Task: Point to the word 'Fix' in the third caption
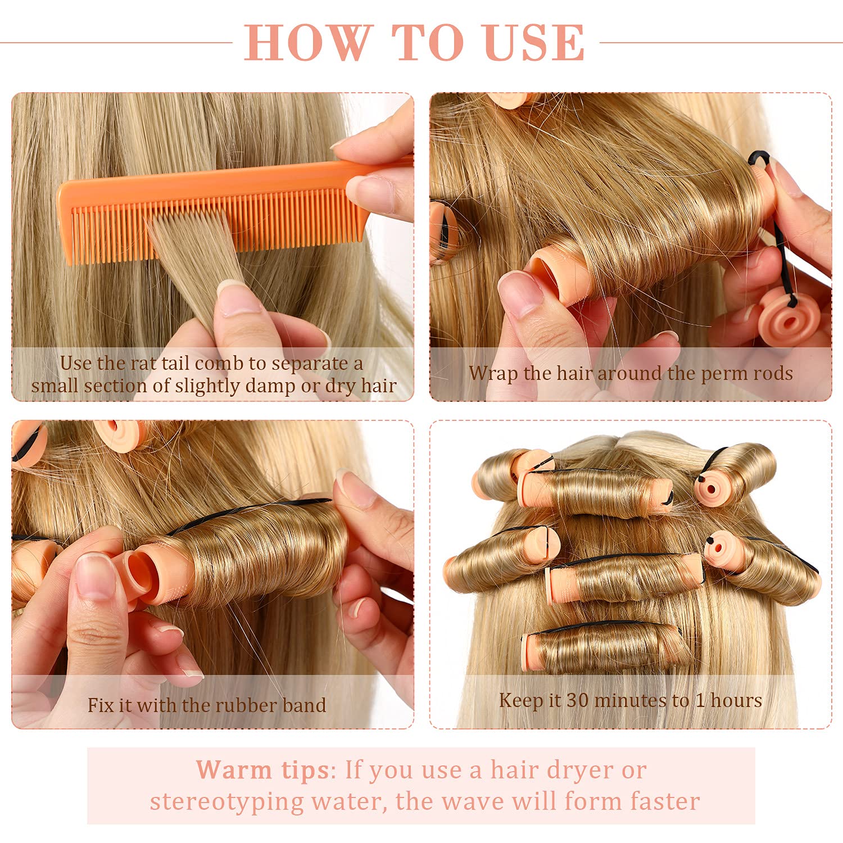point(100,705)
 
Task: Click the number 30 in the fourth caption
point(577,700)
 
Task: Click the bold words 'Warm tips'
point(262,769)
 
